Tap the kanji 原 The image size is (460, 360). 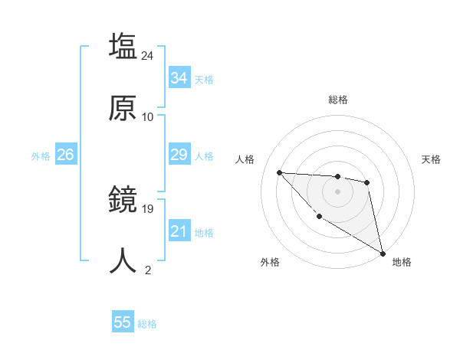pyautogui.click(x=123, y=108)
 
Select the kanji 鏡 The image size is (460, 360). pyautogui.click(x=123, y=200)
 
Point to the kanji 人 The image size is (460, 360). pyautogui.click(x=123, y=260)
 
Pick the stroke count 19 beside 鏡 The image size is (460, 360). pyautogui.click(x=148, y=208)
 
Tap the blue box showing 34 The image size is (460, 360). pyautogui.click(x=179, y=78)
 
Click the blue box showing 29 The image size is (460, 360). pyautogui.click(x=179, y=155)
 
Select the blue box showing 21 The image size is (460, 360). pyautogui.click(x=179, y=231)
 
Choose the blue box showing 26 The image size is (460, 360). pyautogui.click(x=65, y=155)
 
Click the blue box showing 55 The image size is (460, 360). pyautogui.click(x=123, y=322)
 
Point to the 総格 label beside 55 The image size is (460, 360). pyautogui.click(x=147, y=324)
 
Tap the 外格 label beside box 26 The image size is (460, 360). pyautogui.click(x=41, y=156)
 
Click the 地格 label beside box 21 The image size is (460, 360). pyautogui.click(x=204, y=233)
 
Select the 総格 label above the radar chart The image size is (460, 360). pyautogui.click(x=337, y=100)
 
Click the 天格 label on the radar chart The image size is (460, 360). pyautogui.click(x=431, y=159)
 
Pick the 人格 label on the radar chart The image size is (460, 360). pyautogui.click(x=245, y=159)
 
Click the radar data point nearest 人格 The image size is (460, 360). pyautogui.click(x=280, y=172)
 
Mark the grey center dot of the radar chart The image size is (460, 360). pyautogui.click(x=337, y=191)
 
